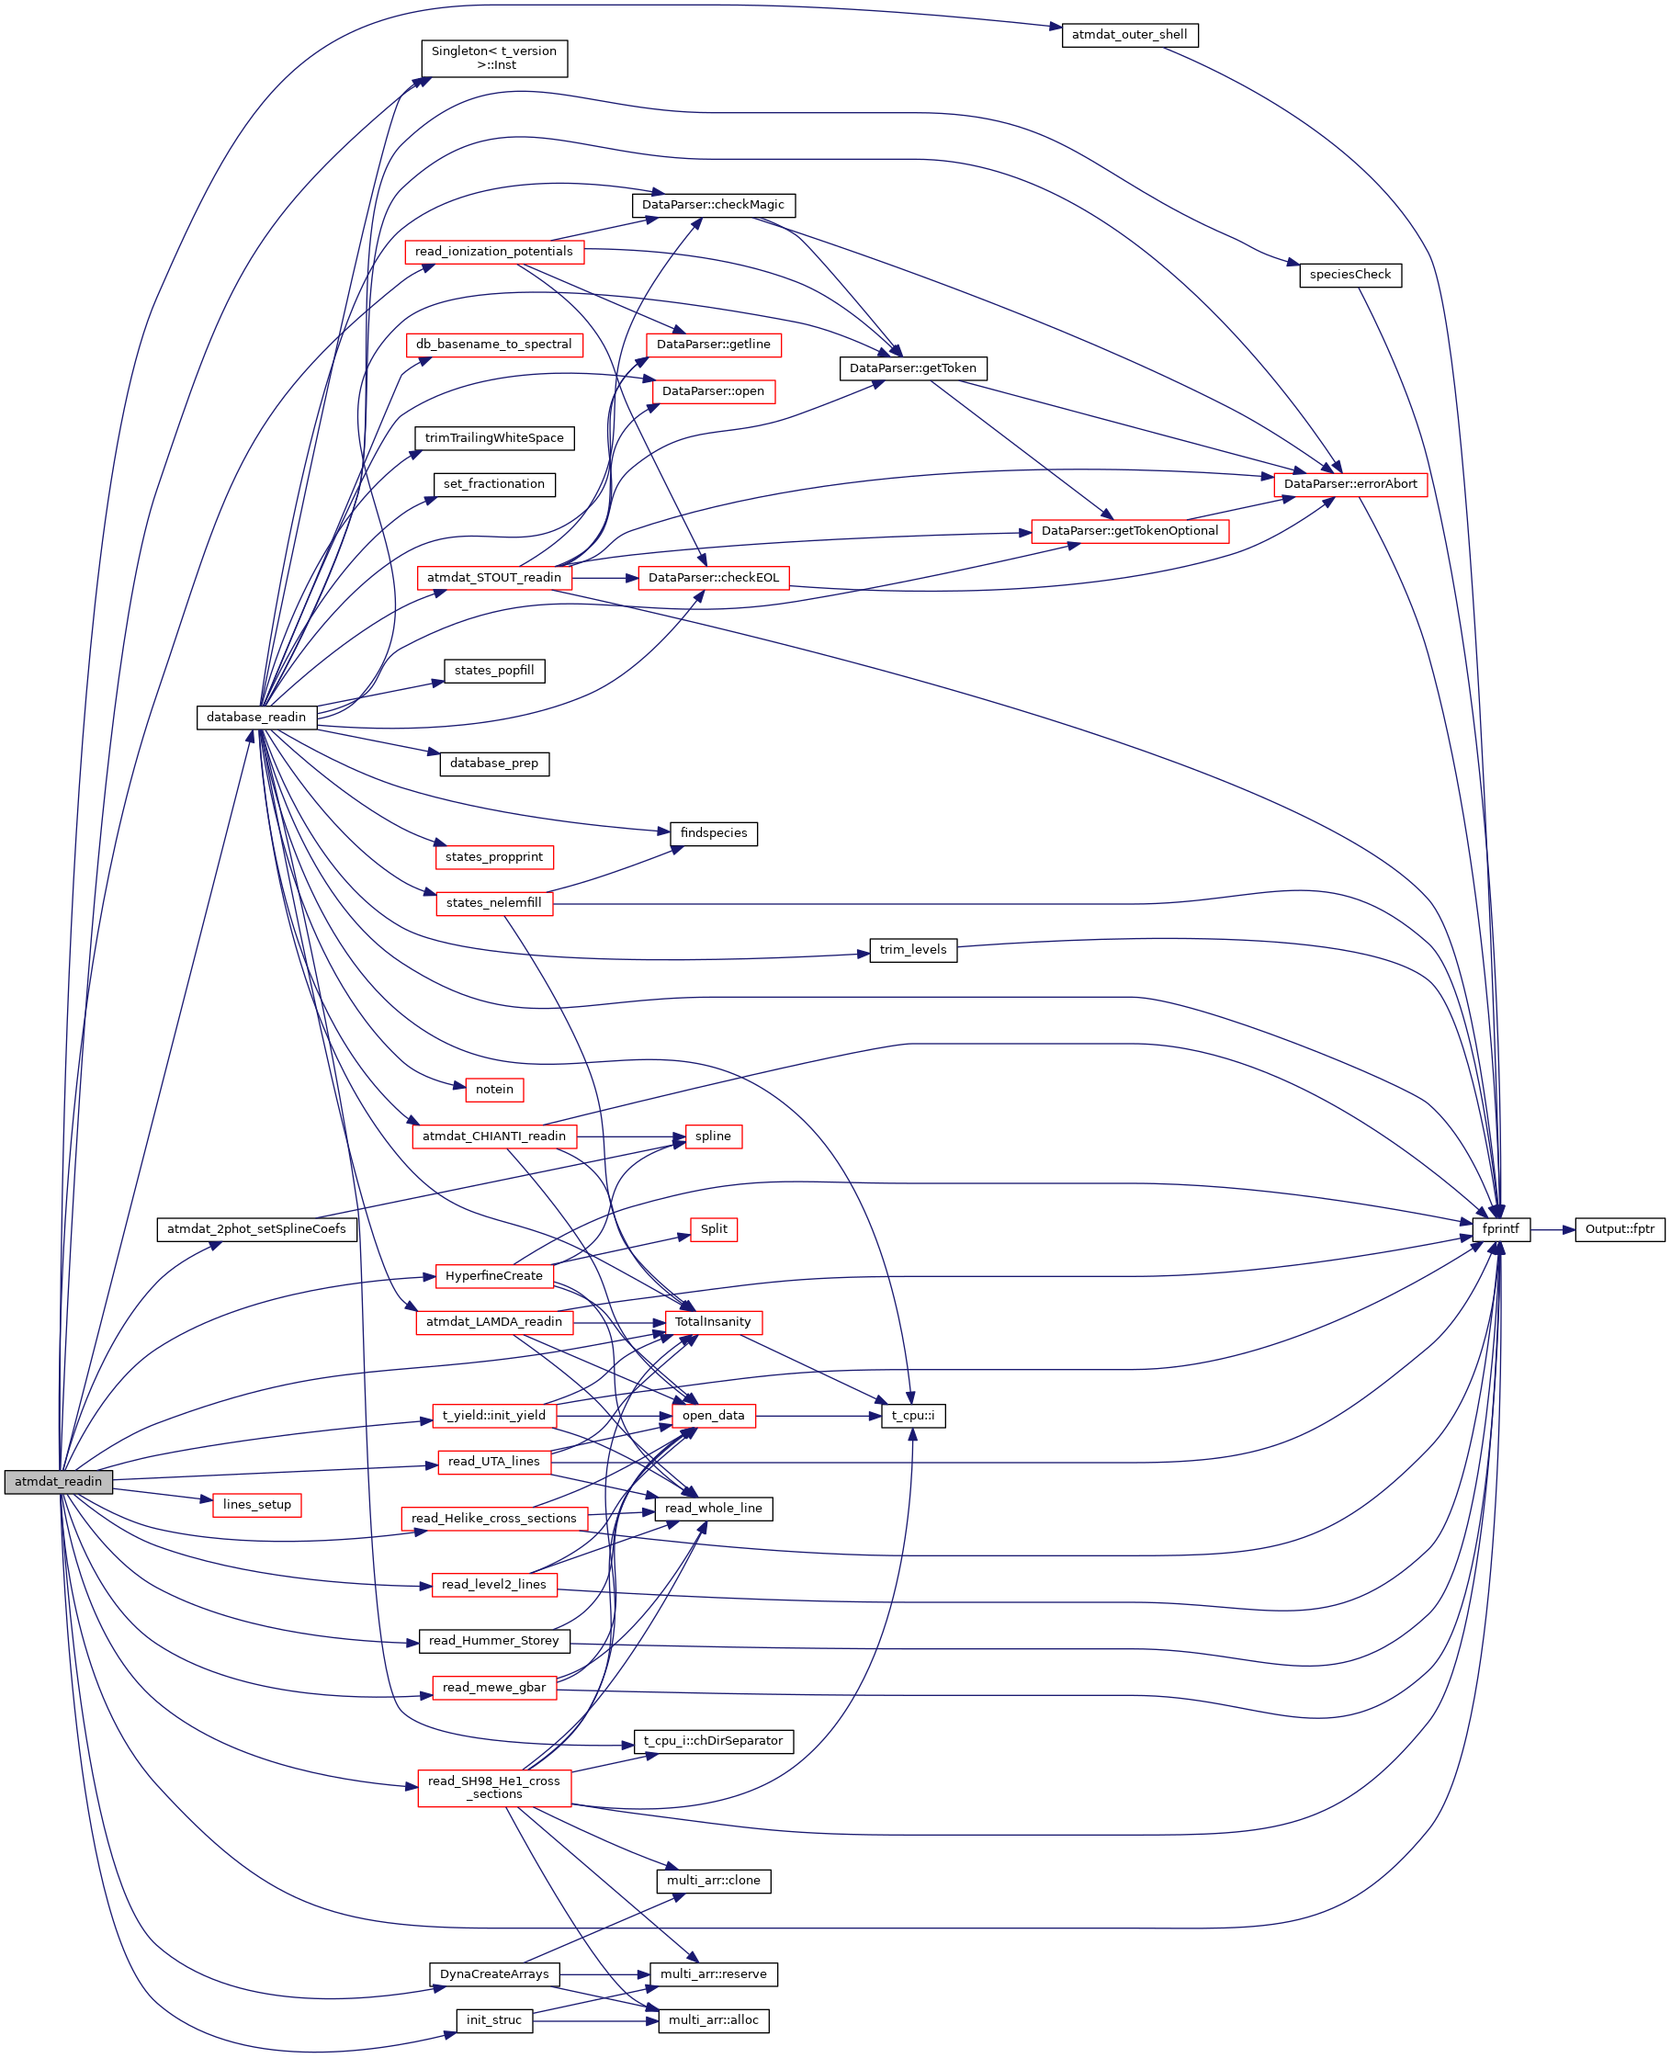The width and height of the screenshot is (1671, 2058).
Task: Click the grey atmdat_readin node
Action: pyautogui.click(x=58, y=1482)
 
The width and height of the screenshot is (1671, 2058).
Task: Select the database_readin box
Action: pyautogui.click(x=256, y=718)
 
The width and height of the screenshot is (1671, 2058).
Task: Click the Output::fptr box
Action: pyautogui.click(x=1619, y=1229)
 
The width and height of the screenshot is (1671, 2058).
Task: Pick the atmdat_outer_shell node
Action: pyautogui.click(x=1129, y=35)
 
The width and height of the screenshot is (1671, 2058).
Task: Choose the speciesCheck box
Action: pyautogui.click(x=1349, y=275)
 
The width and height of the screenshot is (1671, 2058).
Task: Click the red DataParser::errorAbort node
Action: pyautogui.click(x=1349, y=484)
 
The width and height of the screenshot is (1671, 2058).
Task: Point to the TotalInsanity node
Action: pyautogui.click(x=712, y=1323)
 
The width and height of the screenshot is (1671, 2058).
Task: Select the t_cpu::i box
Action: pyautogui.click(x=912, y=1416)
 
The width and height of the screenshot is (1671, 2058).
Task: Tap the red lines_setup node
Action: pyautogui.click(x=256, y=1506)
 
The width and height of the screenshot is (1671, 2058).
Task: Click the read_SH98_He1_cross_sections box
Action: pyautogui.click(x=494, y=1788)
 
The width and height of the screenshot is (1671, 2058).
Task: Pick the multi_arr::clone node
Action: pyautogui.click(x=712, y=1881)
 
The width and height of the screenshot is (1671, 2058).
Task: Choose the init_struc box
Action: pyautogui.click(x=494, y=2020)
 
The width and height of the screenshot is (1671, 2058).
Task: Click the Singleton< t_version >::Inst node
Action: pyautogui.click(x=494, y=58)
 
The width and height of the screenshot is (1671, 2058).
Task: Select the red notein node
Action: pyautogui.click(x=494, y=1090)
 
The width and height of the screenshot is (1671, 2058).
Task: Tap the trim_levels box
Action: pyautogui.click(x=912, y=950)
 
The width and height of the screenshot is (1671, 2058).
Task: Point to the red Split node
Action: pyautogui.click(x=713, y=1229)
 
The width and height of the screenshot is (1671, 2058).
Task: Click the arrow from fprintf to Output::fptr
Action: pyautogui.click(x=1552, y=1229)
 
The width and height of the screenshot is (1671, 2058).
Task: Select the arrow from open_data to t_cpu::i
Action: pyautogui.click(x=819, y=1416)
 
